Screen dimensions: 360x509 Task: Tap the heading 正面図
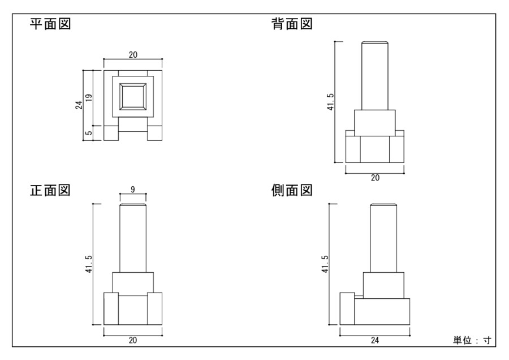click(50, 190)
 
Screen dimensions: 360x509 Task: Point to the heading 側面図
click(292, 190)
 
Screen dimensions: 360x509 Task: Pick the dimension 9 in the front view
click(133, 190)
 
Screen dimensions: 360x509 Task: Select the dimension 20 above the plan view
click(133, 55)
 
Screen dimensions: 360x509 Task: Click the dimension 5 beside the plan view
click(89, 133)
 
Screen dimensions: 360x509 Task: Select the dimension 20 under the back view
click(375, 177)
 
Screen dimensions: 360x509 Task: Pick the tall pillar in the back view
click(375, 76)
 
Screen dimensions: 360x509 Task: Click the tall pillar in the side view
click(383, 238)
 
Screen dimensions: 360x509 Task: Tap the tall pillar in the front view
click(133, 238)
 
